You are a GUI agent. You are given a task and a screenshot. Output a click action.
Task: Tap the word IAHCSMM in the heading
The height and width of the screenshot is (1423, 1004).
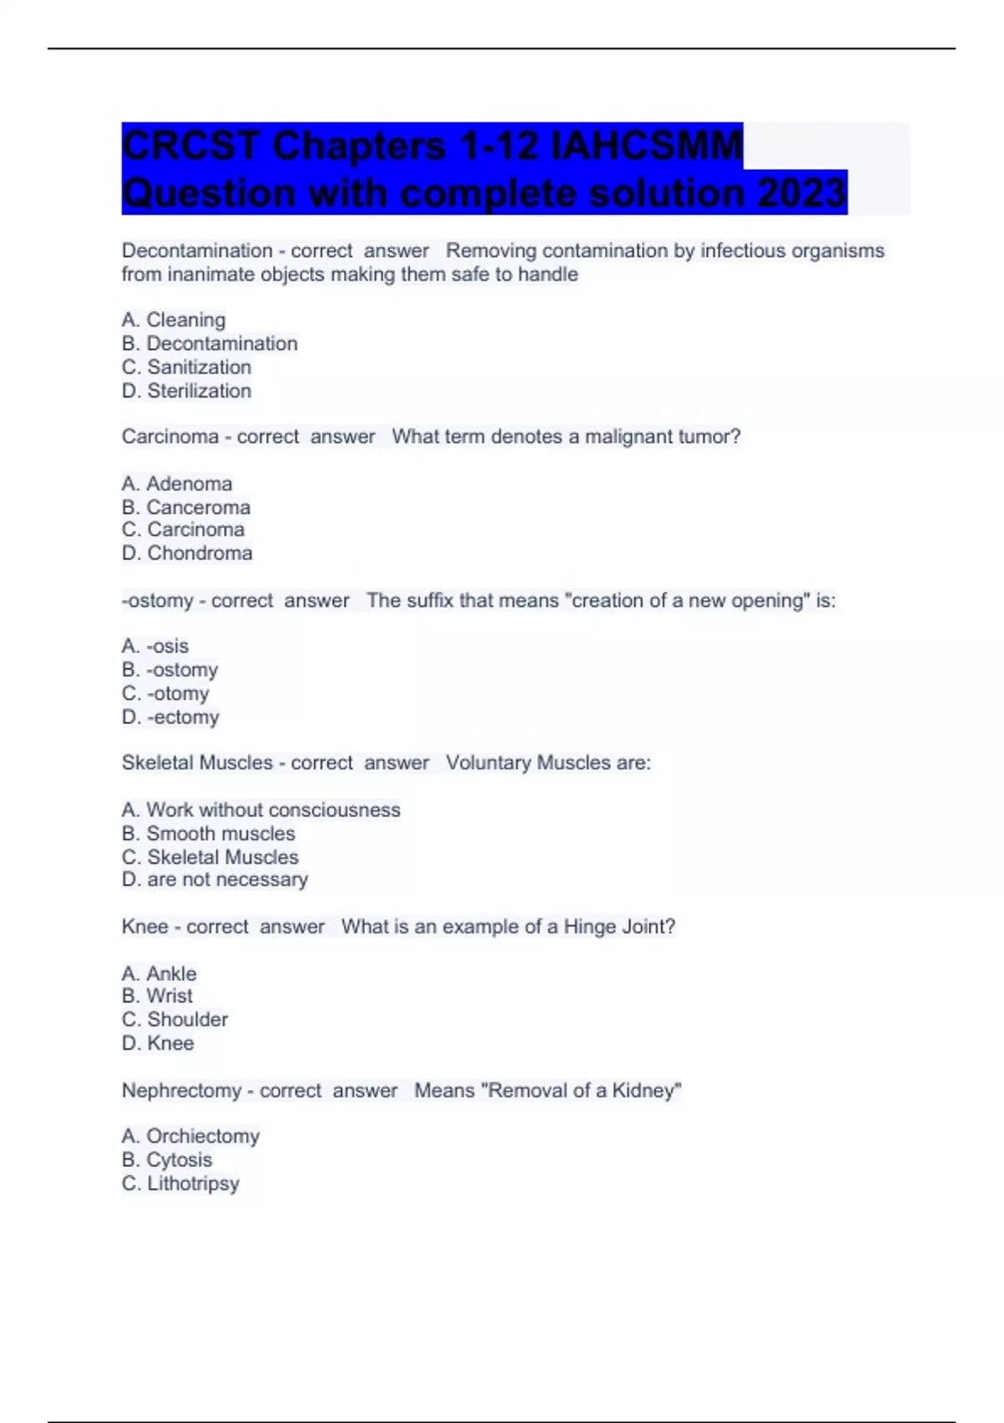pos(646,146)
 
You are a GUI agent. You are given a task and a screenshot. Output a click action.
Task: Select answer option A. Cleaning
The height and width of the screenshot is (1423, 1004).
pos(174,320)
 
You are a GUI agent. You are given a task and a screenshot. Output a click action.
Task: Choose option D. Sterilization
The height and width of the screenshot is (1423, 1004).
pos(187,391)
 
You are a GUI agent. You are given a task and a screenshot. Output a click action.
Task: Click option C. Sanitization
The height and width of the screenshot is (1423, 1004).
pos(187,367)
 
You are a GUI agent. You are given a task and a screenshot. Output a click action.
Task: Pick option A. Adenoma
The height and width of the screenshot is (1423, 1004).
pos(177,484)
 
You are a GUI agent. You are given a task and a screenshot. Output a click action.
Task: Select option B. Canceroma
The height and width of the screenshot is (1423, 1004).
pos(186,507)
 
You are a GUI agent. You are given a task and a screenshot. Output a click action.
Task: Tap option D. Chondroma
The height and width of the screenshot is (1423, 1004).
pos(187,553)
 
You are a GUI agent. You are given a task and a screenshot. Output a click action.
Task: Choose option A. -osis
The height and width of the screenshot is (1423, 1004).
pos(156,646)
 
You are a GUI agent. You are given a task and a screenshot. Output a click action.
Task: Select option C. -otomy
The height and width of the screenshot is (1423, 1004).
pos(166,694)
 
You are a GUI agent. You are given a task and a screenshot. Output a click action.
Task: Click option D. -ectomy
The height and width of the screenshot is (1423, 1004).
pos(171,717)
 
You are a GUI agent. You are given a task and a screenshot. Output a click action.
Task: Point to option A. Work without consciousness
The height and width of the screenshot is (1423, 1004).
pos(261,810)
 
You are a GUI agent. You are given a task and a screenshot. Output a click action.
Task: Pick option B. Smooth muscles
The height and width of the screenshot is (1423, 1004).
pos(208,834)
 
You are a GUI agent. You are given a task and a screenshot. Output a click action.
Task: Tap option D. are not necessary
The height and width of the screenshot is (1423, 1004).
pos(215,880)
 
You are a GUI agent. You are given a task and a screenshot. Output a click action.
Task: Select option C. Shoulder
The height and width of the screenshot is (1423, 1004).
pos(175,1020)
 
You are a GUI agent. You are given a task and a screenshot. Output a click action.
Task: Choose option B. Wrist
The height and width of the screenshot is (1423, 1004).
pos(157,996)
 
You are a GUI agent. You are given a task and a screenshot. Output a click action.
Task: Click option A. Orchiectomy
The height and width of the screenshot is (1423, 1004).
pos(191,1136)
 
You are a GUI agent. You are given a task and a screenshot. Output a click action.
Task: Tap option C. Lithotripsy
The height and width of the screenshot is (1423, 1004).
pos(181,1184)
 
